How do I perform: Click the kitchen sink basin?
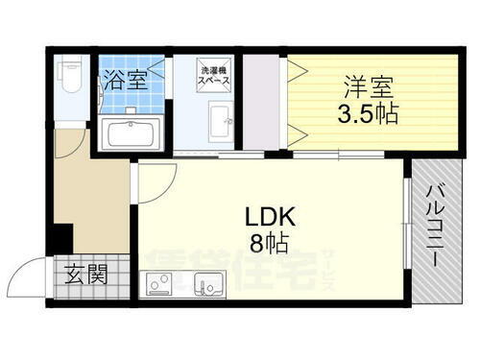(x=208, y=285)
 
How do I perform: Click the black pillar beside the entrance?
(x=62, y=236)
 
